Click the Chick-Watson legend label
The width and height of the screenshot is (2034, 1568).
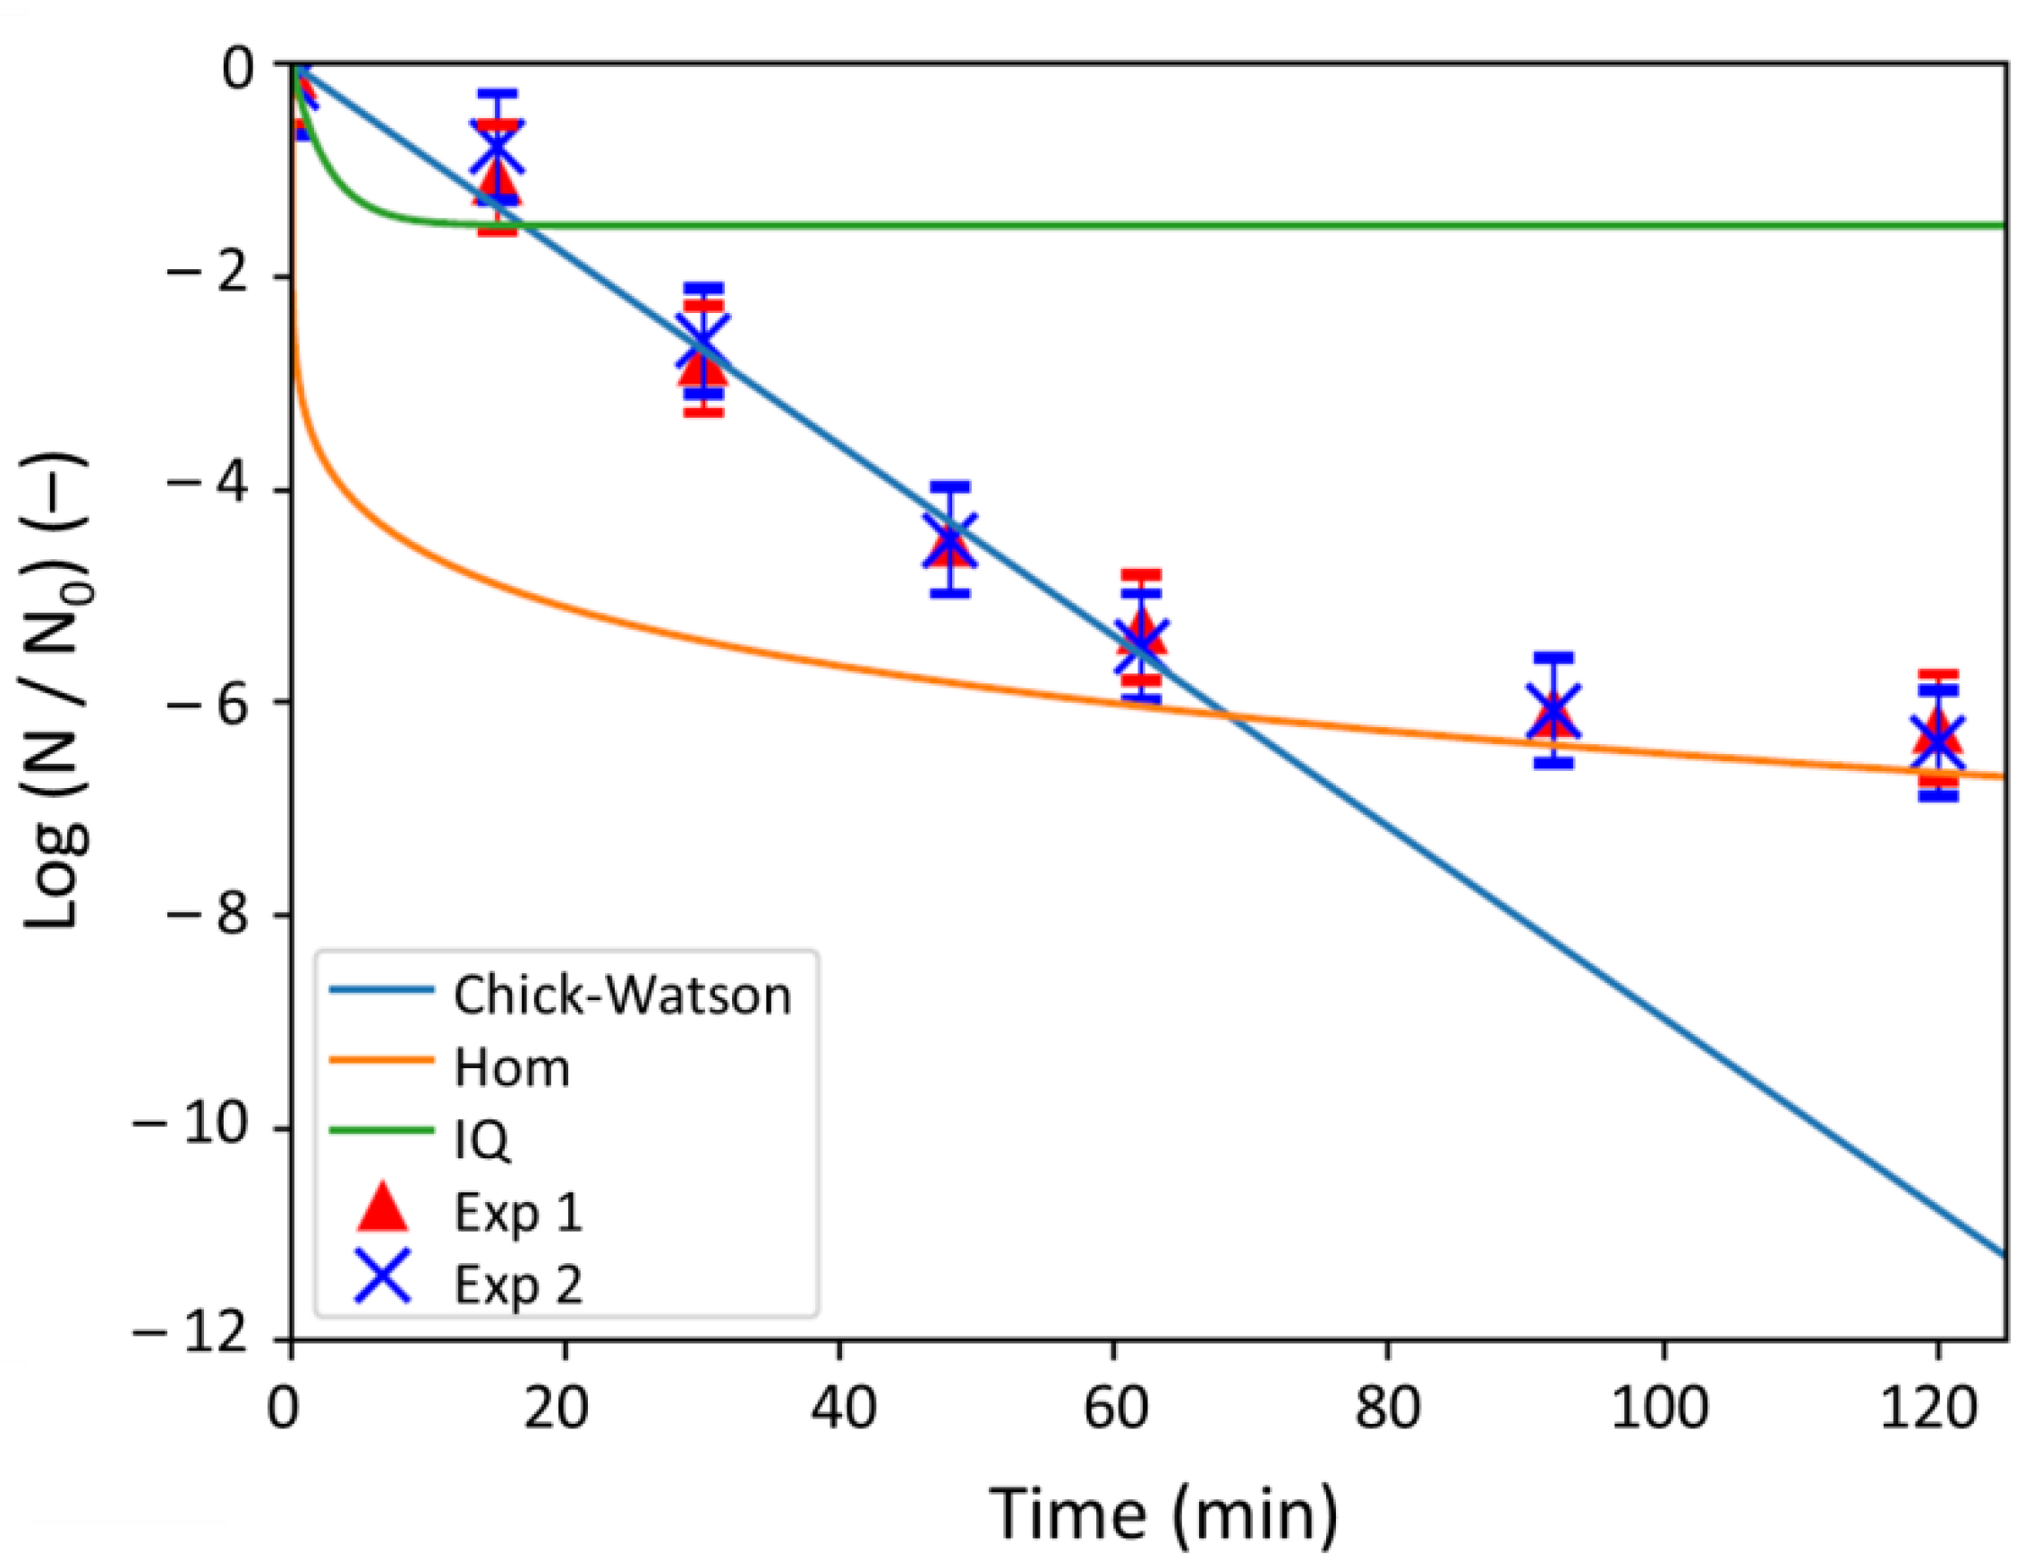tap(622, 996)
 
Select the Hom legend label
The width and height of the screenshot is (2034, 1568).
tap(511, 1067)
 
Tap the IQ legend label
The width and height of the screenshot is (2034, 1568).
tap(481, 1139)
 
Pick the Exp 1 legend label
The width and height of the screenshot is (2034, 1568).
tap(518, 1212)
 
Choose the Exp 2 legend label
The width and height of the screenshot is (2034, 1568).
tap(518, 1285)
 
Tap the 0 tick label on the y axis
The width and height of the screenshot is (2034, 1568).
tap(236, 66)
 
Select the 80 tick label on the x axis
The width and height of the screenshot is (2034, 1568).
tap(1388, 1407)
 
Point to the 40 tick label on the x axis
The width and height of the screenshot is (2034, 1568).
tap(842, 1407)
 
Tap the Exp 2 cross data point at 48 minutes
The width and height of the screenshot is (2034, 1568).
tap(951, 539)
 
